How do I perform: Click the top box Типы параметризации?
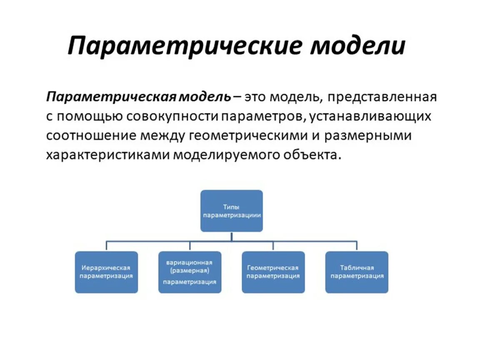[x=232, y=211]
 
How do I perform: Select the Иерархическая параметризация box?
[x=107, y=272]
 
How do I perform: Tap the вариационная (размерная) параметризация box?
[x=190, y=272]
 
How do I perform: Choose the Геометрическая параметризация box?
[x=273, y=272]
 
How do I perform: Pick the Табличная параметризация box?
[x=357, y=272]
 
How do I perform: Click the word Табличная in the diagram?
[x=357, y=268]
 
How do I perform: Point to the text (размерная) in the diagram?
[x=190, y=271]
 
